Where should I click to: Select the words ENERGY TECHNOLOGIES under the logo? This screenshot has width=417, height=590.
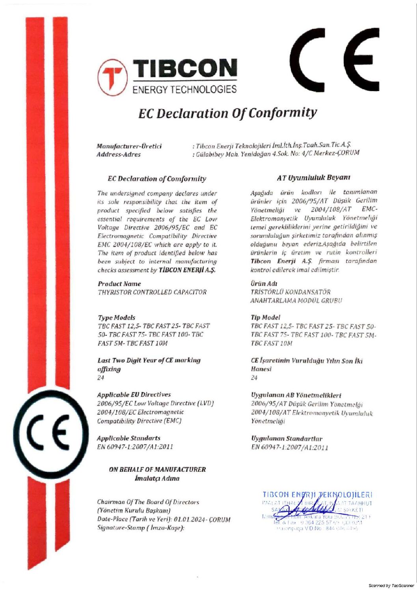(184, 89)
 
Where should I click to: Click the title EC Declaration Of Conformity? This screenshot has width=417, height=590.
(227, 114)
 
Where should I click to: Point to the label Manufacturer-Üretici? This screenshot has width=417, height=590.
(129, 146)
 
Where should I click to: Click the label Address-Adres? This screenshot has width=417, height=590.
(119, 154)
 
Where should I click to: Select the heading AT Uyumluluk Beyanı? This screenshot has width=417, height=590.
(314, 178)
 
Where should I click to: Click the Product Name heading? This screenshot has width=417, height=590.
(119, 284)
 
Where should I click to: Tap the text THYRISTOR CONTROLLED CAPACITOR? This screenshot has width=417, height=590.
(152, 292)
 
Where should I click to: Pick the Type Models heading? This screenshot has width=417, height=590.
(116, 318)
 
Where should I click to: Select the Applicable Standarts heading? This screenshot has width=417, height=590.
(128, 438)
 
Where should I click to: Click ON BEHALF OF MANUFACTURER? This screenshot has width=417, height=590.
(157, 470)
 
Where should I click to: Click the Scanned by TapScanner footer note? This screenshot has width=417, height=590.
(391, 586)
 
